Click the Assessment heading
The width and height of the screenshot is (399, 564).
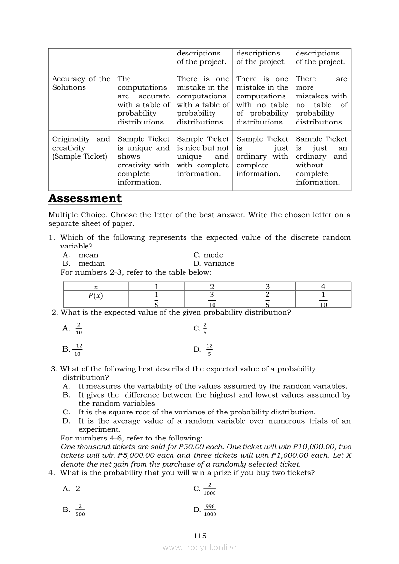(85, 198)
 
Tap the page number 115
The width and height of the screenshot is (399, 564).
(199, 536)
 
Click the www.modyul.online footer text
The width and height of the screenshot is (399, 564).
(199, 548)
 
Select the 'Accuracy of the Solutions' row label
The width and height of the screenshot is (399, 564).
(81, 83)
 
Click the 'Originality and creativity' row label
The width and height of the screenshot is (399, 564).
(81, 148)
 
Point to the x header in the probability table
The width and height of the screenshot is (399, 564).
(96, 287)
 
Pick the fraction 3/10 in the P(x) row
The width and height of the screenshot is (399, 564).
(212, 299)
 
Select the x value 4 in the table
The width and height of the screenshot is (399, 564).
(323, 287)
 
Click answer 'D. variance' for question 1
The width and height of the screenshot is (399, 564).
(214, 263)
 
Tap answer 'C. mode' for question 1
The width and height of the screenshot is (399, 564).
(208, 255)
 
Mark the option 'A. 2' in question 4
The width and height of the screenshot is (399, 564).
(71, 488)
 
